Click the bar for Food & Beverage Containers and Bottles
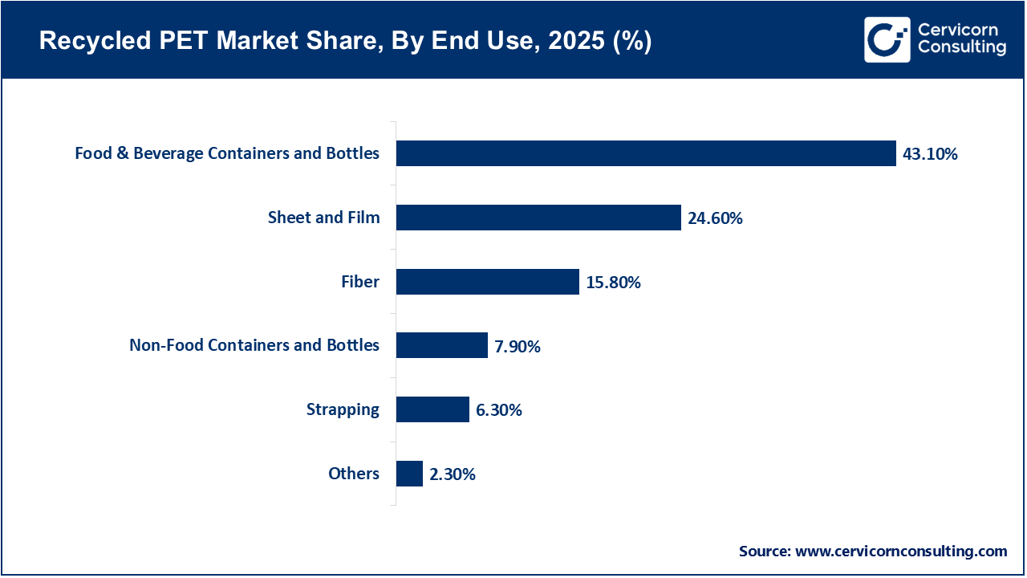coord(646,153)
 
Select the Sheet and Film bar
coord(538,218)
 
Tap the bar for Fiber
coord(488,282)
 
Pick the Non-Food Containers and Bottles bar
coord(442,345)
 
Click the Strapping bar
coord(432,409)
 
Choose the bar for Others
coord(409,474)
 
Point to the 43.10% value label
coord(930,154)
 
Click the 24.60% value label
coord(715,218)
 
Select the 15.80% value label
coord(613,283)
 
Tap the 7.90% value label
coord(518,347)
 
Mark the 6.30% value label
coord(499,410)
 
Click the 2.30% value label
coord(453,474)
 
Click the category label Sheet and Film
coord(323,218)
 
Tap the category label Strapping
coord(343,409)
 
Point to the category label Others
coord(354,474)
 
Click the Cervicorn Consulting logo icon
coord(887,39)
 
